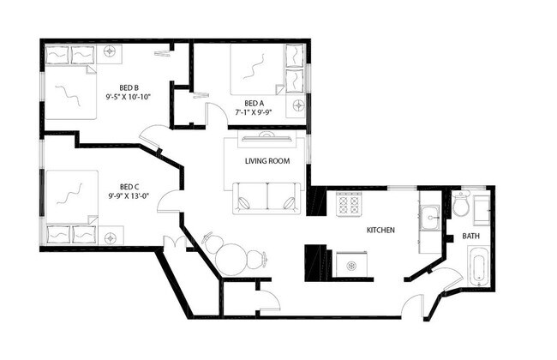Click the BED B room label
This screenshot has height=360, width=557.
129,87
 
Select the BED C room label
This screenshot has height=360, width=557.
129,187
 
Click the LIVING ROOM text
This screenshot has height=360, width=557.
267,161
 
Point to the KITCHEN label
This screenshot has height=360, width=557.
380,231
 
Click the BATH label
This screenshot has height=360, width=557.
470,236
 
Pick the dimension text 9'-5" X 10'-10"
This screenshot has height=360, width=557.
129,97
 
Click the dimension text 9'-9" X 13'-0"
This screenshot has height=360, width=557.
129,197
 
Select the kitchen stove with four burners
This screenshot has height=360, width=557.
348,204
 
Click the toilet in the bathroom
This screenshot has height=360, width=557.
461,206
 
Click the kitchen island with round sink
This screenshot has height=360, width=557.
351,265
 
